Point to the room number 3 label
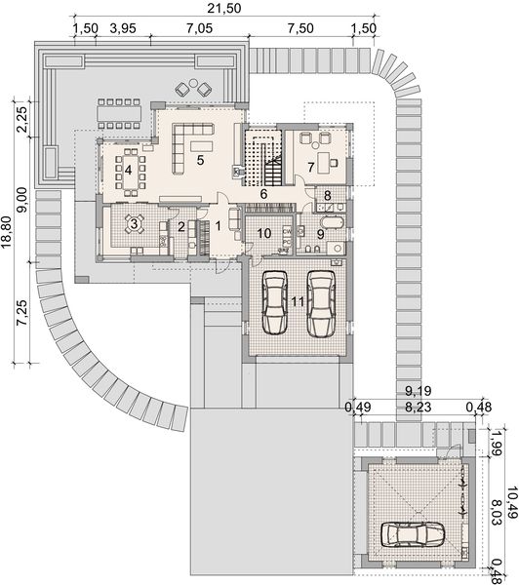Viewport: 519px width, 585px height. click(x=136, y=223)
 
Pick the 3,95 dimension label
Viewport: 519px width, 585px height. click(x=122, y=27)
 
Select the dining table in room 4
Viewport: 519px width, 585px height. click(x=128, y=170)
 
